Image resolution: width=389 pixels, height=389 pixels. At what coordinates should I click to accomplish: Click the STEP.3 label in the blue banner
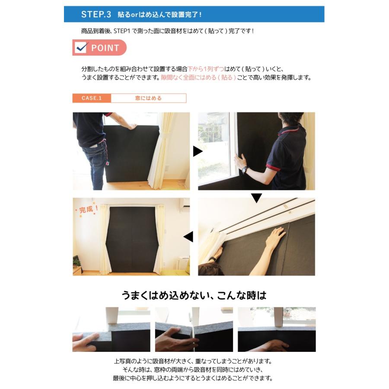96,14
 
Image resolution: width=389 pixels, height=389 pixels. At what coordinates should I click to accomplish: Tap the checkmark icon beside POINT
81,48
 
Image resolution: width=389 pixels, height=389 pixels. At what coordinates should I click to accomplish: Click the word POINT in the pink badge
105,48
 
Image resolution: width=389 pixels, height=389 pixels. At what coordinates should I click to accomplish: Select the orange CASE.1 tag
92,98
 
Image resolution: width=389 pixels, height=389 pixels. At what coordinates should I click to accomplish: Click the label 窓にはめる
148,98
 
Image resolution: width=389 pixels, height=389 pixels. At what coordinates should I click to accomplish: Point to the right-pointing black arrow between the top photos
198,151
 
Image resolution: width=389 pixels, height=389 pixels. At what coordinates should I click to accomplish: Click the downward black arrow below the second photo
256,198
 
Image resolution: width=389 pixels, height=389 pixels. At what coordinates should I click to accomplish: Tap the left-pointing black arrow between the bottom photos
188,237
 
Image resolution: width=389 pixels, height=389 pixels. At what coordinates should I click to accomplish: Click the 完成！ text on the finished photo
89,210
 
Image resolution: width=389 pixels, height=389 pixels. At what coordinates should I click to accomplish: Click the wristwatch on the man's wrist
245,169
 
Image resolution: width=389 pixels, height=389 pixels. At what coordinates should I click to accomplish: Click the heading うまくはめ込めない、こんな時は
194,296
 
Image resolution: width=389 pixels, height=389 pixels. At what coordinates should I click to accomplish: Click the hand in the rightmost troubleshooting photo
277,345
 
